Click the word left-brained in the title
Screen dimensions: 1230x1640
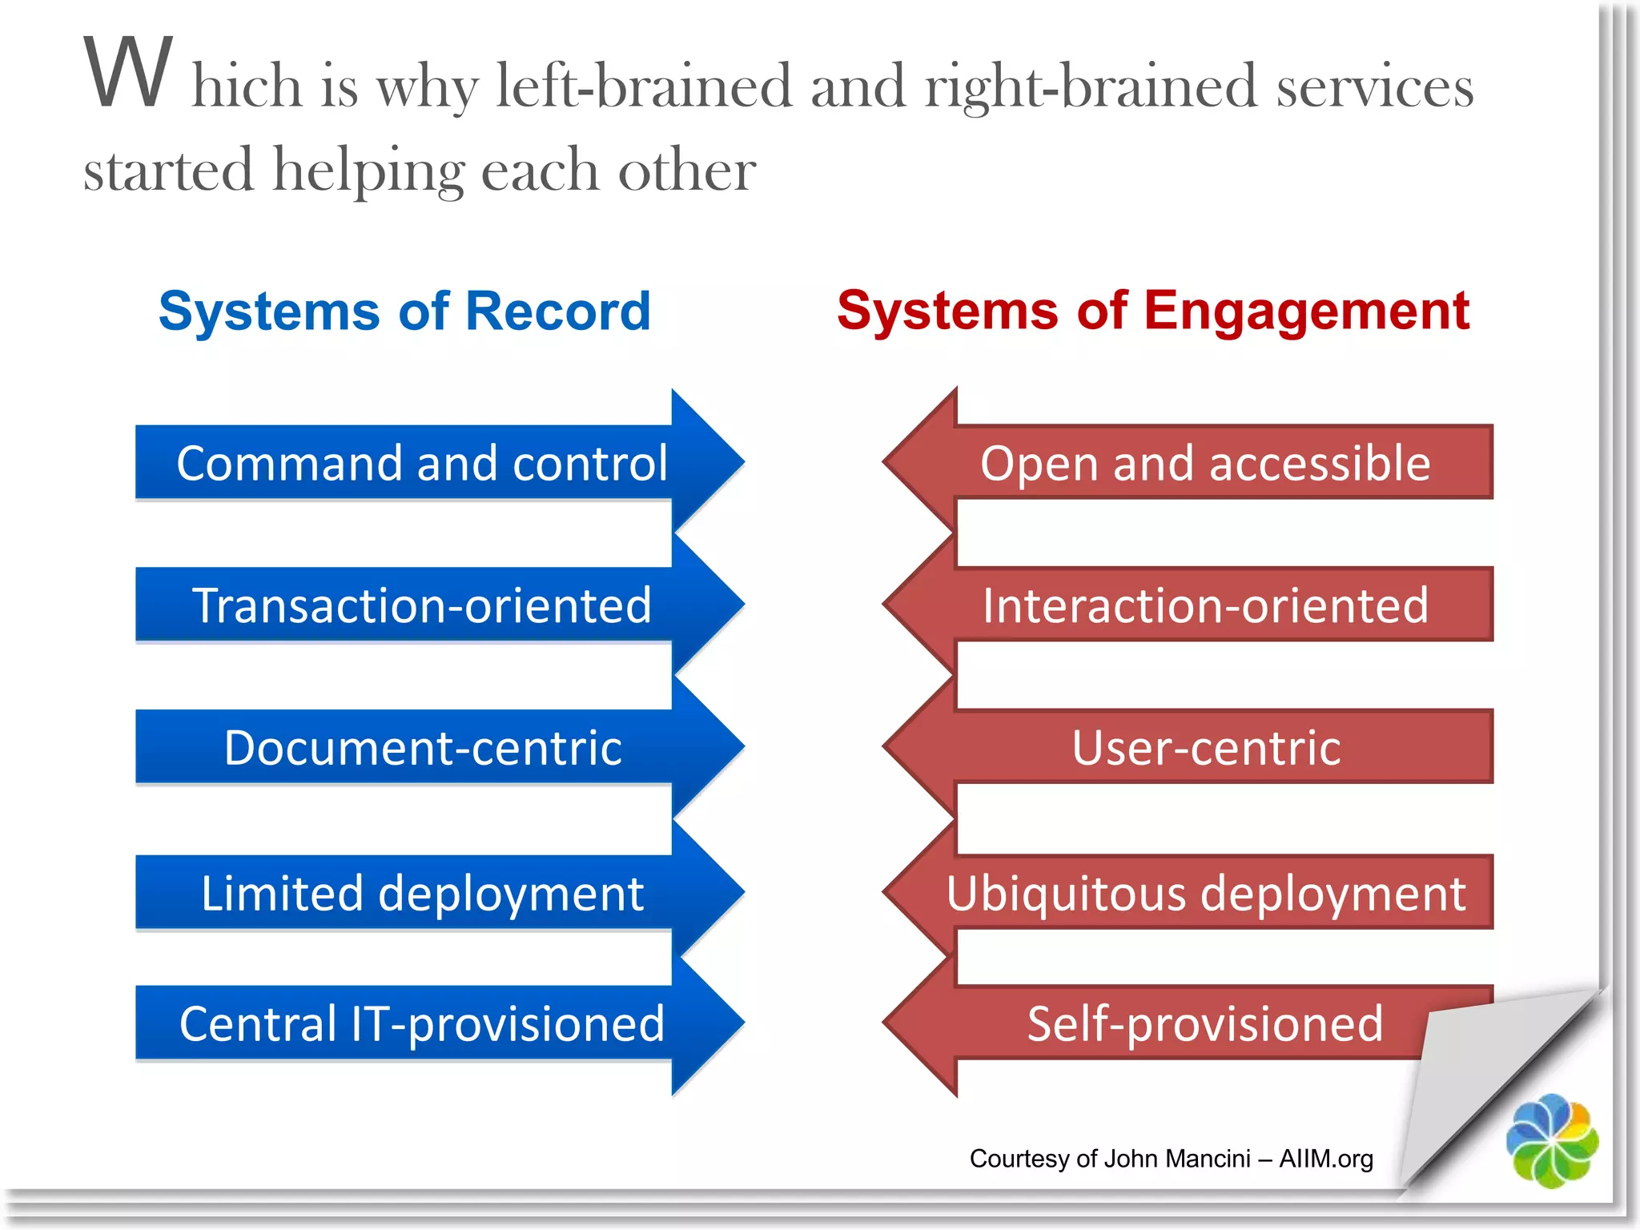[x=644, y=86]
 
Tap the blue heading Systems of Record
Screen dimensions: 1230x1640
[x=404, y=311]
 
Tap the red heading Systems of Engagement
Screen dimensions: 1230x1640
[x=1153, y=311]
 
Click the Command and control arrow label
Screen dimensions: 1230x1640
[x=422, y=463]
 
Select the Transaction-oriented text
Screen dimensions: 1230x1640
[x=422, y=605]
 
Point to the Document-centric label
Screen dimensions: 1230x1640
[x=422, y=748]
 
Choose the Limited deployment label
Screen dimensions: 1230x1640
[x=422, y=894]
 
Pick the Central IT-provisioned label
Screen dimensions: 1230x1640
[x=422, y=1024]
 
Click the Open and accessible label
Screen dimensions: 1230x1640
[x=1205, y=463]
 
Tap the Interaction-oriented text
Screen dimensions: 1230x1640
[x=1205, y=605]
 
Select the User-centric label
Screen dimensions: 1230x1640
[x=1205, y=748]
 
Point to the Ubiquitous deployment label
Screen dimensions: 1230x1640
[x=1205, y=894]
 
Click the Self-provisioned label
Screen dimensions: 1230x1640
[x=1205, y=1024]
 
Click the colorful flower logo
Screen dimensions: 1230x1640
[x=1552, y=1140]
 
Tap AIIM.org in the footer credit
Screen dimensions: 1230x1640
[x=1326, y=1159]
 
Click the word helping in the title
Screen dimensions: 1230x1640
[x=368, y=171]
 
